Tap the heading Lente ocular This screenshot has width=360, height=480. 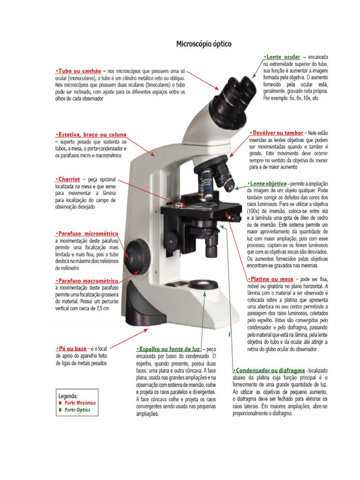point(281,57)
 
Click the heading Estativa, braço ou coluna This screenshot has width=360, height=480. point(91,135)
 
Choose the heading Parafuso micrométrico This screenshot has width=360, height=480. point(88,233)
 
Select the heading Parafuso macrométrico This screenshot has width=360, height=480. point(88,280)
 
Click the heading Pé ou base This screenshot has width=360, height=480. point(72,348)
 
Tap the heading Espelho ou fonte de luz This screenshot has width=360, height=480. point(169,349)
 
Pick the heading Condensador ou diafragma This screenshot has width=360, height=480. point(270,370)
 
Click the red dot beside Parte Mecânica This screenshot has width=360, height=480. point(60,403)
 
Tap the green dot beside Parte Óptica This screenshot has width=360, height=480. point(60,409)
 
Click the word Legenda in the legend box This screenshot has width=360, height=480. point(68,395)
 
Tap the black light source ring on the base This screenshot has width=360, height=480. point(204,285)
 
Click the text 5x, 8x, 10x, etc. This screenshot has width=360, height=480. point(291,99)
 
